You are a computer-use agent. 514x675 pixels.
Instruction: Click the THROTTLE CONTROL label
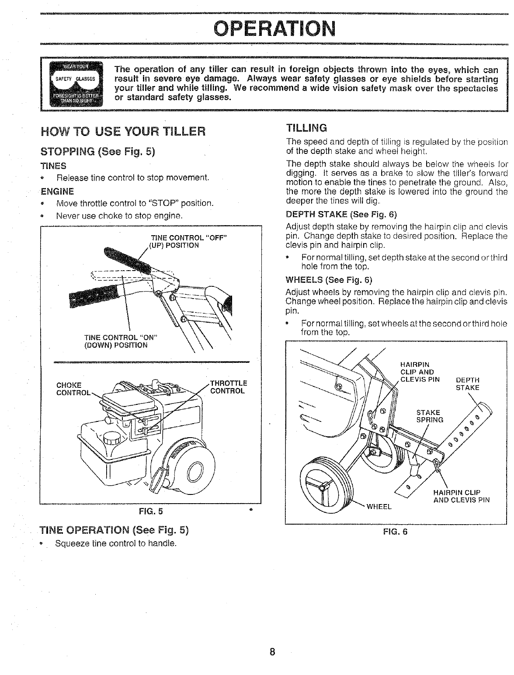(229, 387)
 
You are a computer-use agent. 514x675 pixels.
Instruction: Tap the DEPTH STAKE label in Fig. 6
(467, 384)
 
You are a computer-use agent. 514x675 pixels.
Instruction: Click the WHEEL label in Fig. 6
(379, 507)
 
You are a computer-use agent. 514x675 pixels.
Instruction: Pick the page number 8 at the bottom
(272, 652)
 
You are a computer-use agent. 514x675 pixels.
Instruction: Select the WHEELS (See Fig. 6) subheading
(328, 280)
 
